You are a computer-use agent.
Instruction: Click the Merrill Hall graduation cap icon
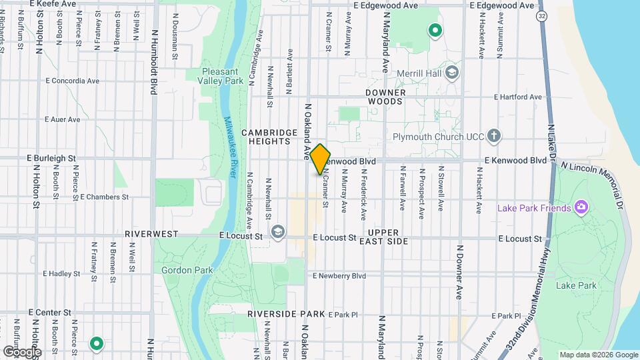click(453, 73)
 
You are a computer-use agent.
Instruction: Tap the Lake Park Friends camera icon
click(581, 208)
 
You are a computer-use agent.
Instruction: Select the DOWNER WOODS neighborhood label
click(385, 97)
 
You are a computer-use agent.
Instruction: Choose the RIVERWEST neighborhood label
click(151, 235)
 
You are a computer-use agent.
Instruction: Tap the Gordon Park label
click(182, 270)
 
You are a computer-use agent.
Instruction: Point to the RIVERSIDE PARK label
click(285, 313)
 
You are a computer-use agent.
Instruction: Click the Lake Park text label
click(575, 285)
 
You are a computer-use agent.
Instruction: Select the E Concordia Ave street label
click(73, 81)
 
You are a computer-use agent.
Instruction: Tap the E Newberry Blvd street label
click(339, 275)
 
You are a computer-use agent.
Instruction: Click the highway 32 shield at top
click(543, 15)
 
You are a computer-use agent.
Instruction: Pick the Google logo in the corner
click(21, 351)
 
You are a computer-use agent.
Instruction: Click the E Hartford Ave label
click(517, 97)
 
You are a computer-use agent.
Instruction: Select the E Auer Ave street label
click(62, 120)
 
